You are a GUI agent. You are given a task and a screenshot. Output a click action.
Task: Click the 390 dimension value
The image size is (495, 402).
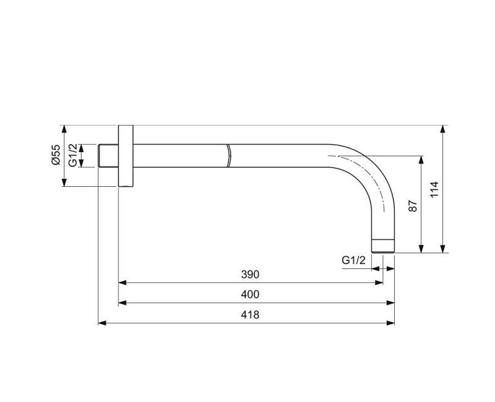[x=249, y=274]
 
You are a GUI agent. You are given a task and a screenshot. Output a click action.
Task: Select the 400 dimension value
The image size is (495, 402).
[x=249, y=294]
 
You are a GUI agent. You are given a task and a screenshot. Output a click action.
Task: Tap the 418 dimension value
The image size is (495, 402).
[x=249, y=315]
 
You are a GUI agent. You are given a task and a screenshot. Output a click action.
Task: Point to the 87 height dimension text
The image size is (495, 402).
[x=413, y=207]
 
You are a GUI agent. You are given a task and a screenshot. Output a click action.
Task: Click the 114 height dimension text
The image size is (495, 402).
[x=434, y=189]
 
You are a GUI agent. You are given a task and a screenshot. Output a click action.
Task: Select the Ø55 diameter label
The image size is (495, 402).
[x=55, y=155]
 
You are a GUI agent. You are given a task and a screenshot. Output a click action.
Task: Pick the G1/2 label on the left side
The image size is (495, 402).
[x=73, y=155]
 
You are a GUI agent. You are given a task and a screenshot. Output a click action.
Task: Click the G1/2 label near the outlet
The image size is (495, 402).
[x=354, y=261]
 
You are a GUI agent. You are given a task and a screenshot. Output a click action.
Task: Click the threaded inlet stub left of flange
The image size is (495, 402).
[x=108, y=156]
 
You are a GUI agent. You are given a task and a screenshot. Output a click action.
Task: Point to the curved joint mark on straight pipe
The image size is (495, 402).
[x=228, y=156]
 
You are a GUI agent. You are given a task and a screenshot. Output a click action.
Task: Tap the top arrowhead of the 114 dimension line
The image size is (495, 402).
[x=443, y=129]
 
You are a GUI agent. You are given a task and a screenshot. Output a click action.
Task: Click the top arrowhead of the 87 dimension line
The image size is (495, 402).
[x=421, y=160]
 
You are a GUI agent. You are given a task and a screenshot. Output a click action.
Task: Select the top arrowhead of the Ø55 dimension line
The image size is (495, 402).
[x=64, y=129]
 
